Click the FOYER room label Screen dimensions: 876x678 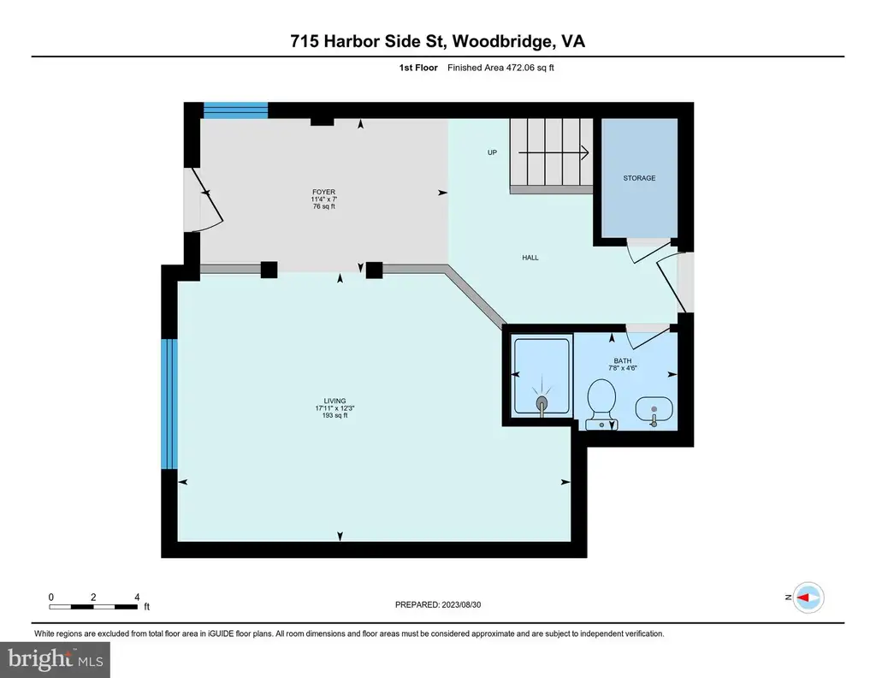tap(324, 192)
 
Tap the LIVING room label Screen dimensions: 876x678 tap(334, 401)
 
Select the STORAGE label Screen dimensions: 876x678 tap(639, 178)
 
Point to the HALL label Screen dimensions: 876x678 tap(530, 258)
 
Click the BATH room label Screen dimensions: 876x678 tap(623, 360)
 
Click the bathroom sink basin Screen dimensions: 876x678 tap(654, 410)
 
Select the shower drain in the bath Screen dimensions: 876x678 tap(542, 403)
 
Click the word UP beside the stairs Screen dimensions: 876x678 tap(492, 152)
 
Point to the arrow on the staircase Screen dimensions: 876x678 tap(553, 152)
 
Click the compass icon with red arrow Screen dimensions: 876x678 tap(808, 598)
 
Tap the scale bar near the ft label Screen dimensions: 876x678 tap(93, 606)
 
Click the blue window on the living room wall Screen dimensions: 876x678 tap(169, 403)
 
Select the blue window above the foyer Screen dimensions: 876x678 tap(236, 110)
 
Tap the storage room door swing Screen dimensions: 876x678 tap(648, 251)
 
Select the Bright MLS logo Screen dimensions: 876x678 tap(56, 660)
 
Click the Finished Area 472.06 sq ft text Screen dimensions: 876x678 tap(500, 68)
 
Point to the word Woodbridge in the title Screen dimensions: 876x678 tap(503, 42)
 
